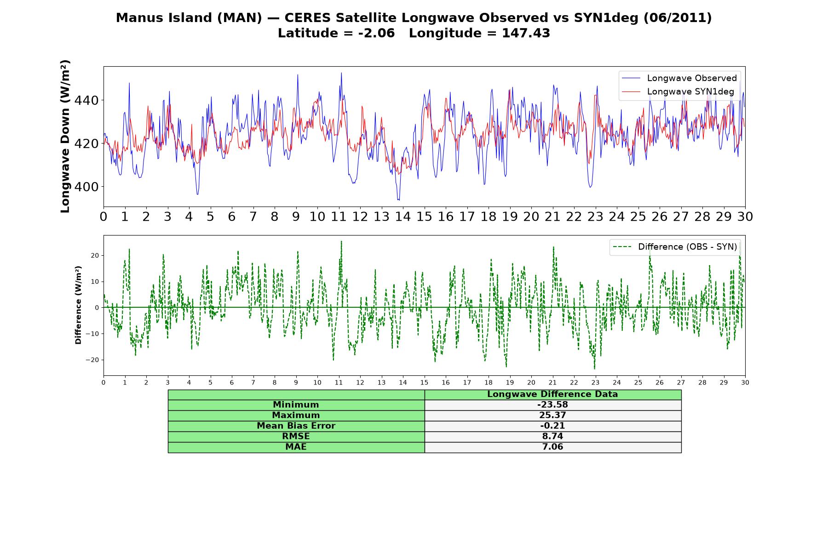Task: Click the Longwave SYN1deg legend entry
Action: pyautogui.click(x=678, y=92)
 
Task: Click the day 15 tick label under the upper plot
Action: pyautogui.click(x=424, y=217)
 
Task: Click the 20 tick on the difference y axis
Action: pyautogui.click(x=95, y=255)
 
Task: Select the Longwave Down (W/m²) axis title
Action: pyautogui.click(x=65, y=136)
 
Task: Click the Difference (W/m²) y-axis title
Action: pyautogui.click(x=78, y=305)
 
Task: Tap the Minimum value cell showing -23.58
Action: pyautogui.click(x=552, y=405)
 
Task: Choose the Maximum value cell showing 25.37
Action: pyautogui.click(x=552, y=415)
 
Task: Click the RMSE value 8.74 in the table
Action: pyautogui.click(x=552, y=437)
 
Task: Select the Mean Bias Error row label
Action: pyautogui.click(x=296, y=426)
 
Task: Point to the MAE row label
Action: pyautogui.click(x=296, y=447)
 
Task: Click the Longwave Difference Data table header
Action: pyautogui.click(x=552, y=394)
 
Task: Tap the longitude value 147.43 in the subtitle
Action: pyautogui.click(x=526, y=34)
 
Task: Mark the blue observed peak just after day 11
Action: pyautogui.click(x=341, y=73)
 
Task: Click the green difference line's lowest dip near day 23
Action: pyautogui.click(x=594, y=368)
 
